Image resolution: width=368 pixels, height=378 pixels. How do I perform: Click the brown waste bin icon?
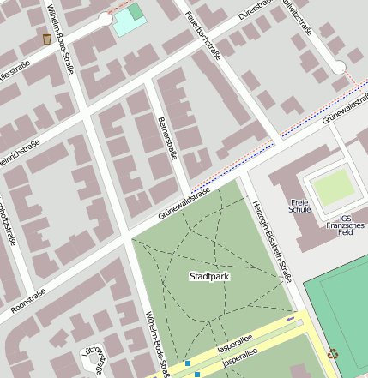(x=46, y=39)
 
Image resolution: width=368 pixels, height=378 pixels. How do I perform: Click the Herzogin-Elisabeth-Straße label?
(x=274, y=240)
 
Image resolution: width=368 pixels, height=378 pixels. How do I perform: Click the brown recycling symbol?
(x=333, y=351)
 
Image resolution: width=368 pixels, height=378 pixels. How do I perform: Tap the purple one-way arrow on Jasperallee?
(x=290, y=319)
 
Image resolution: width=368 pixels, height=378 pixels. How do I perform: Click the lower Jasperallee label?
(x=240, y=364)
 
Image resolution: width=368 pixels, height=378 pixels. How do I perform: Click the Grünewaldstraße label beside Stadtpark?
(x=184, y=206)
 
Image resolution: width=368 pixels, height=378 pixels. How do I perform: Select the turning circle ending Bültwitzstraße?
(x=339, y=67)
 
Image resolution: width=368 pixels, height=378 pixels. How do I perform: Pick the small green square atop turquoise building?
(x=136, y=11)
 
